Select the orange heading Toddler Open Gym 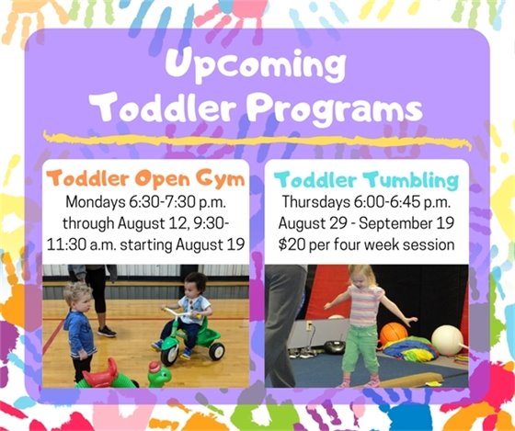[x=145, y=177]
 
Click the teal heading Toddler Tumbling [x=369, y=177]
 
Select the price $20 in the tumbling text [x=297, y=244]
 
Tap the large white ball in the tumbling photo [x=448, y=340]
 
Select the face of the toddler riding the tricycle [x=196, y=286]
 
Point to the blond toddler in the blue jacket [x=80, y=326]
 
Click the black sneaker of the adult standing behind [x=108, y=331]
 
